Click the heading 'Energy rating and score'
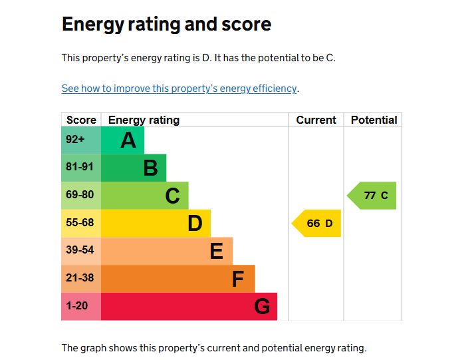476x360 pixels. point(166,25)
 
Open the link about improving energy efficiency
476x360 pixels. point(179,89)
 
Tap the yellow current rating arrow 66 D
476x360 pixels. point(317,224)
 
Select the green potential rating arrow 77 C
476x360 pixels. point(373,196)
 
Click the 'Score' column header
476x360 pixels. point(81,120)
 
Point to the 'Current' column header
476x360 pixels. point(316,120)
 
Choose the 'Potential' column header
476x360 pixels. point(374,120)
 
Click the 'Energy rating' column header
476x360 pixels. point(144,120)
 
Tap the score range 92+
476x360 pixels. point(75,140)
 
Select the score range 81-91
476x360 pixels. point(80,167)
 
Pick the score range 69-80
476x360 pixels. point(80,195)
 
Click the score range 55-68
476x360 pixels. point(80,223)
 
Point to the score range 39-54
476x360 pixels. point(80,250)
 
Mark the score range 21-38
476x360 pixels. point(80,278)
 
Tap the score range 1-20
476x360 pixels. point(77,306)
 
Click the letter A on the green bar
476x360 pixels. point(128,140)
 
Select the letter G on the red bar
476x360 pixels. point(262,307)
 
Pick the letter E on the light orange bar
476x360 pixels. point(216,252)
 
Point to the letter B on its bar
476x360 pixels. point(151,168)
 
